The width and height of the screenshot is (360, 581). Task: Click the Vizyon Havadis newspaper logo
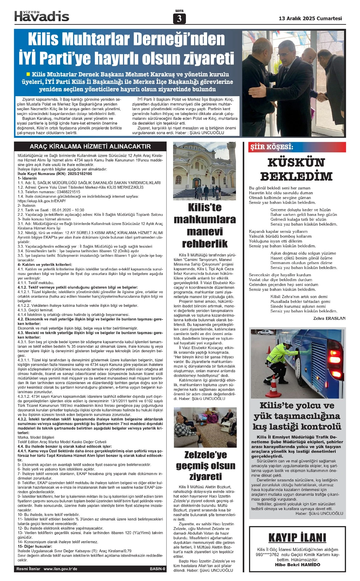click(x=42, y=16)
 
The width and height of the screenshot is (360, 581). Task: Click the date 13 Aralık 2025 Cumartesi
click(x=310, y=18)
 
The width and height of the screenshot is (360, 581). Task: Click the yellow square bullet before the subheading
click(x=28, y=74)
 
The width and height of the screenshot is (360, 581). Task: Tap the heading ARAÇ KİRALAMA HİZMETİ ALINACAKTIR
click(x=90, y=146)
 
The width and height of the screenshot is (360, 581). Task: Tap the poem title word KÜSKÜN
click(x=296, y=163)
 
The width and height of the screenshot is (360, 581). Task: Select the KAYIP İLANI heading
click(x=297, y=538)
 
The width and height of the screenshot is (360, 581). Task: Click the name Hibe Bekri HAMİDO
click(x=297, y=565)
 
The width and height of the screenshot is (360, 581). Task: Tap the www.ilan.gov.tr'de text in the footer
click(x=60, y=569)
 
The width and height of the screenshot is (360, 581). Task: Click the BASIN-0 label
click(x=157, y=569)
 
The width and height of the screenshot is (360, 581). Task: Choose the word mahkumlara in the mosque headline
click(x=205, y=219)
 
